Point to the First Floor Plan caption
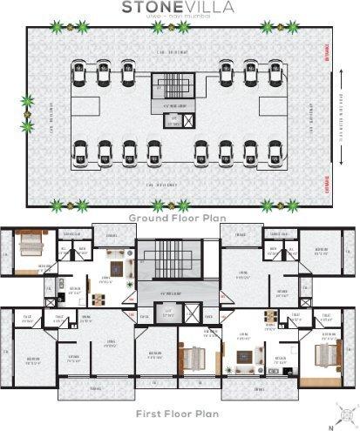click(x=180, y=414)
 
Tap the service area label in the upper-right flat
click(x=280, y=232)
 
